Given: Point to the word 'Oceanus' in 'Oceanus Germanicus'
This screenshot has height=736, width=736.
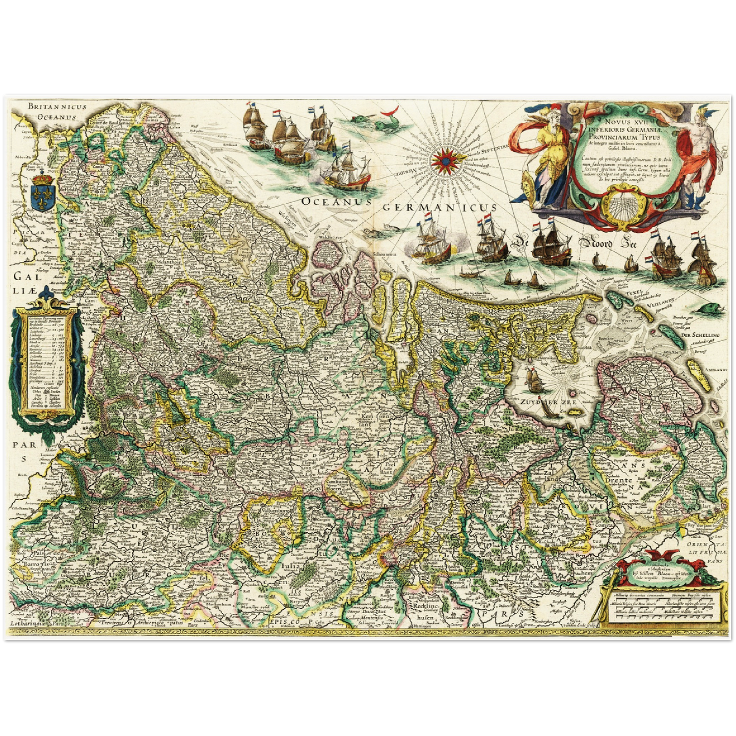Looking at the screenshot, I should [x=336, y=202].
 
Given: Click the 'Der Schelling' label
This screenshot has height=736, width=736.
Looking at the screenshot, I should [x=700, y=335].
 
